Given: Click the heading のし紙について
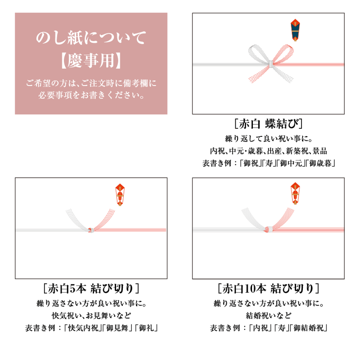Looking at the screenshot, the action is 91,38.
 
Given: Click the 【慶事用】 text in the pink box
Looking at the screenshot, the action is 91,61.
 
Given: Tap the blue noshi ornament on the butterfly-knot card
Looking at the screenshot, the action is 295,30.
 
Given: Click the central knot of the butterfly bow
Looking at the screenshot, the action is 271,64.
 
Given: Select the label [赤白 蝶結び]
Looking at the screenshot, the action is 268,124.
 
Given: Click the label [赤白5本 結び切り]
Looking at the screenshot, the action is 91,288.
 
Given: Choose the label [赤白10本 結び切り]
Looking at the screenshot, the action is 268,288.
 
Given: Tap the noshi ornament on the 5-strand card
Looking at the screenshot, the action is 120,194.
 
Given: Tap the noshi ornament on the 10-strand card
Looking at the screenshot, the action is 295,193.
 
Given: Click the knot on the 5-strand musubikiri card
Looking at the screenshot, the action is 91,230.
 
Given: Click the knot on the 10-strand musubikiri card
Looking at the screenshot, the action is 269,229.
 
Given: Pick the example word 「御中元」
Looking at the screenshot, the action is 291,163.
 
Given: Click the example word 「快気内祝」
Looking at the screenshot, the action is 83,328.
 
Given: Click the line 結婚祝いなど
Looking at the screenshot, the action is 268,316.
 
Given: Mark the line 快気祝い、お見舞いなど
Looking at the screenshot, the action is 91,316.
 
